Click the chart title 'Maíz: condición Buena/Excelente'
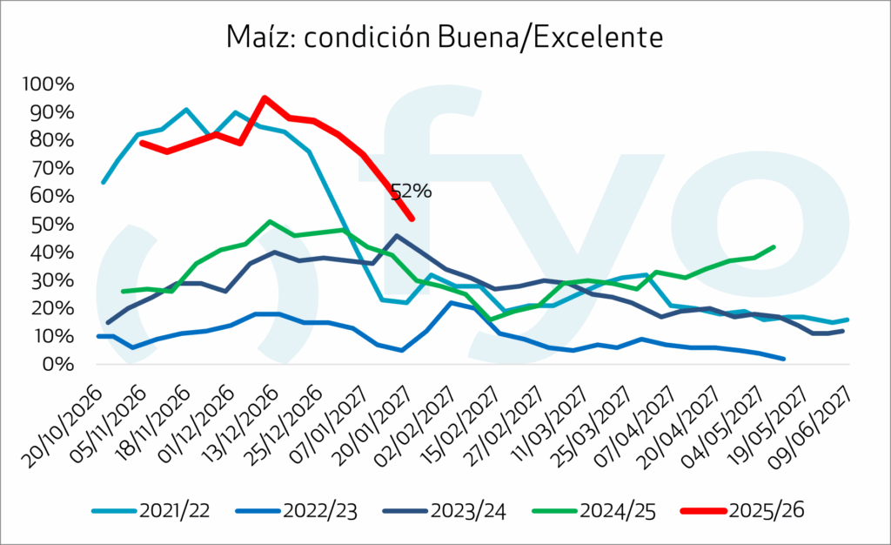[x=445, y=37]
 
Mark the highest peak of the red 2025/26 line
[x=264, y=98]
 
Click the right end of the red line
[x=412, y=219]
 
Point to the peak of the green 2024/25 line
[x=271, y=221]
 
